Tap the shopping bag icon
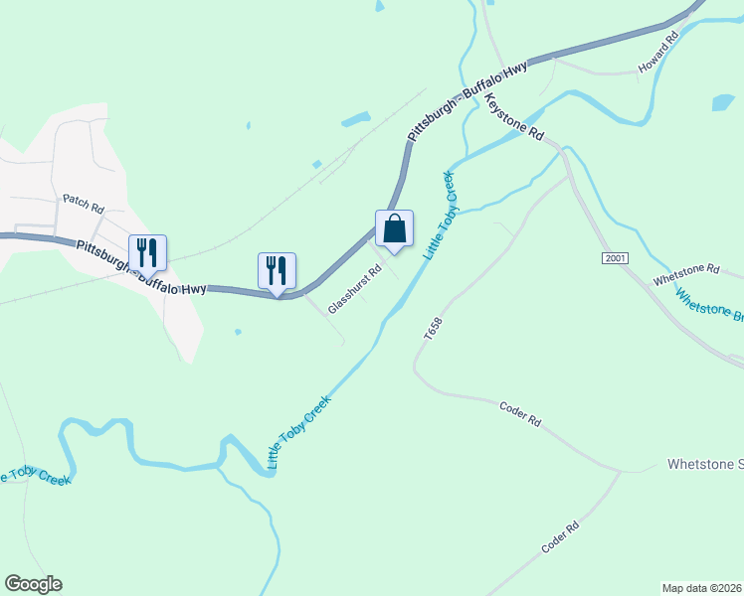395,228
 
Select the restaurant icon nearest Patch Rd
147,252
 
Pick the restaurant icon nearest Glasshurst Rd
277,271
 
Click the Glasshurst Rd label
355,287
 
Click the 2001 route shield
615,258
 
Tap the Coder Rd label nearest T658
519,414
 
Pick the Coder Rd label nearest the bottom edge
561,538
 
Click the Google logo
33,584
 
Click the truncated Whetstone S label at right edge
705,464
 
